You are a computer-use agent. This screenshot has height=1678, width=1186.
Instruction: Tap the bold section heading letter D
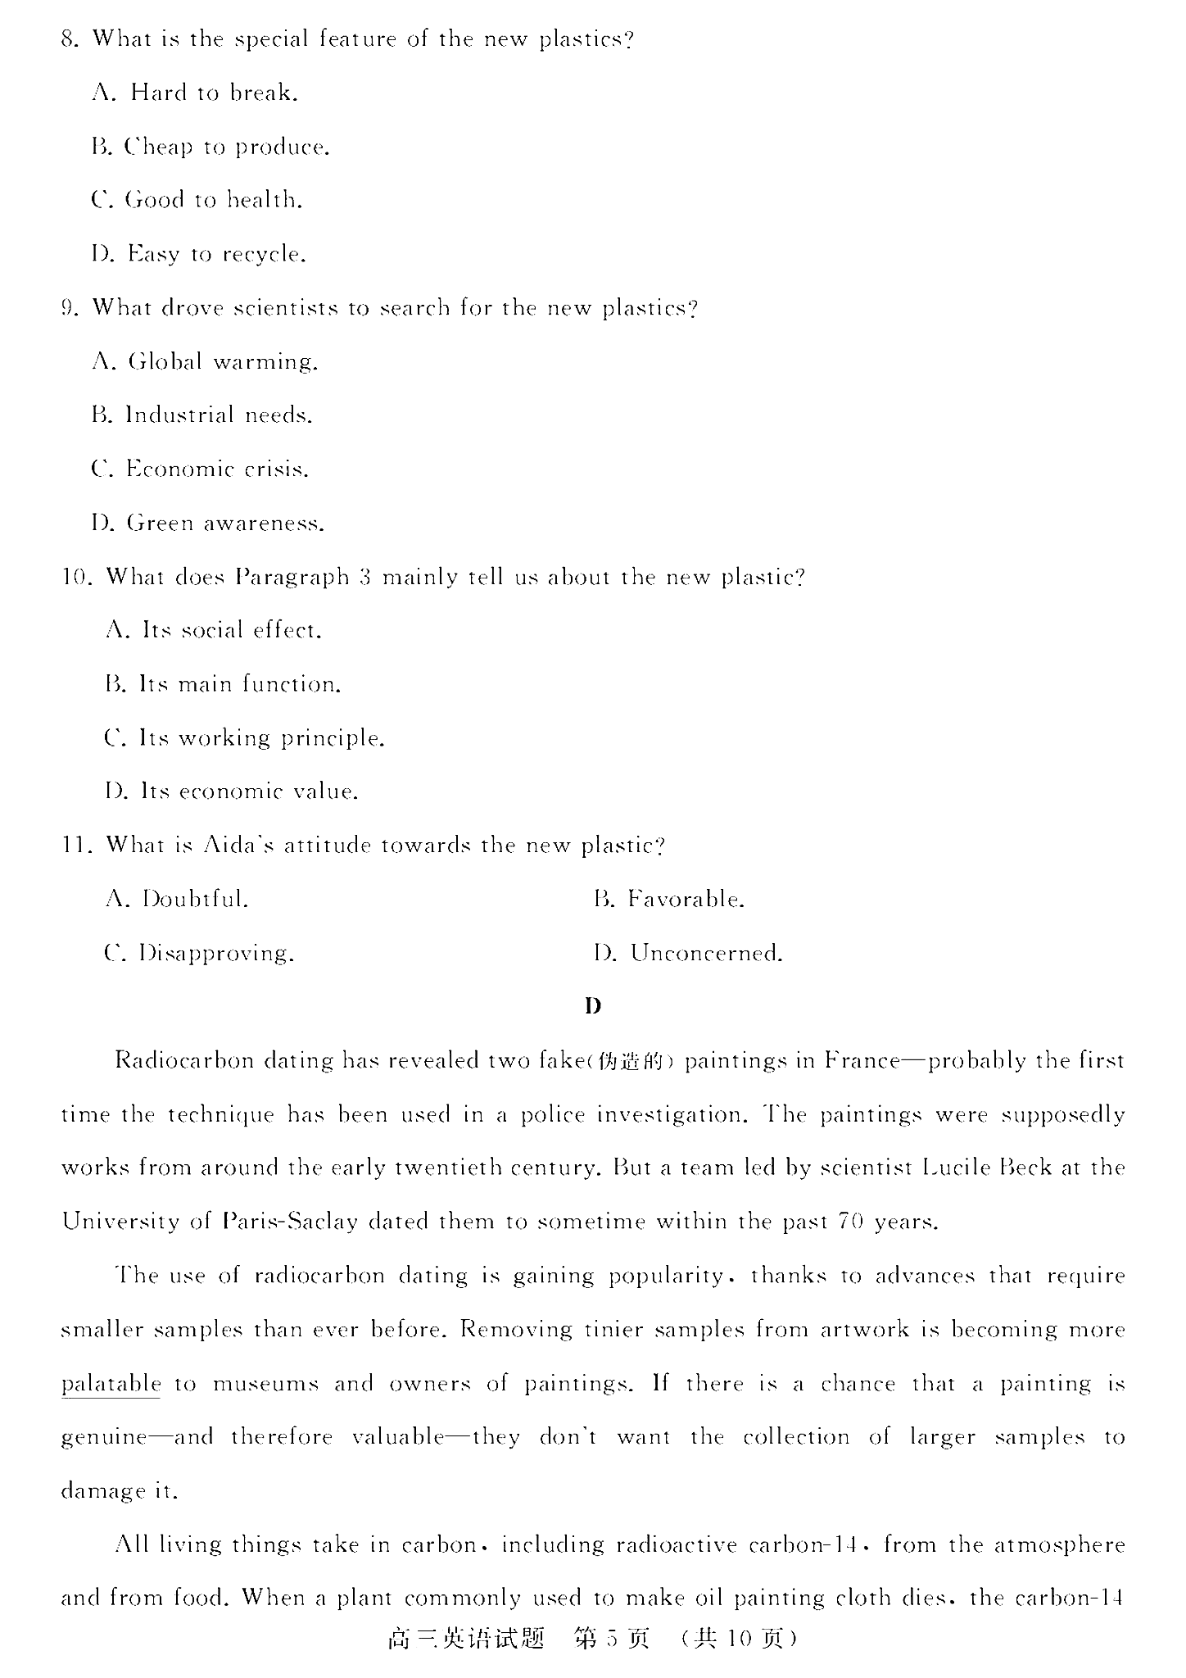pos(593,1006)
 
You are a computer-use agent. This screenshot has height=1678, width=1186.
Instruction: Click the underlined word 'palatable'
pos(111,1384)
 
